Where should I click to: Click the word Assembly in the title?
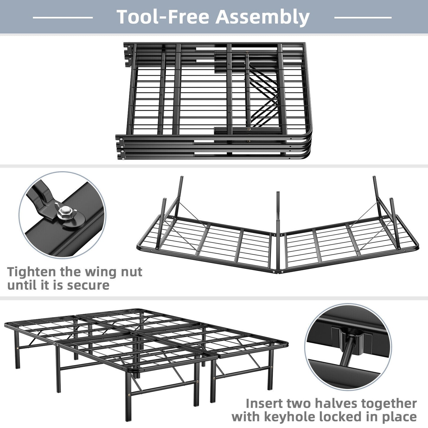tap(262, 17)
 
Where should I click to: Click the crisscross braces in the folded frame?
tap(264, 95)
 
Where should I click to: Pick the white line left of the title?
tap(62, 17)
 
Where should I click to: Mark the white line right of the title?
tap(363, 17)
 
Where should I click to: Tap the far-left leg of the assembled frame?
tap(17, 350)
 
